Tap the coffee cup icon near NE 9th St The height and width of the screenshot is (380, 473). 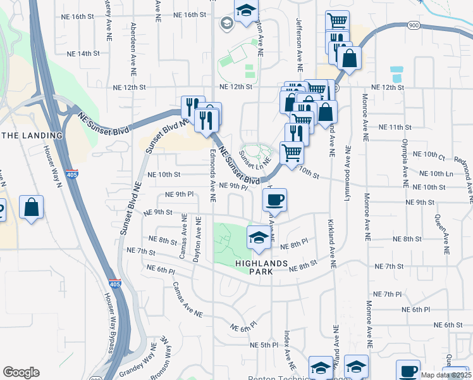274,200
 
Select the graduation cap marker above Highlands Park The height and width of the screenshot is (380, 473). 257,237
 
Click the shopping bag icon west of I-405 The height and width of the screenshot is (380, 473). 31,207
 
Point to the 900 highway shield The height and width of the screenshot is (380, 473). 414,25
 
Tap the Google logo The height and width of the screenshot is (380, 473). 21,372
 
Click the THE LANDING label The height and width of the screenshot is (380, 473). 33,136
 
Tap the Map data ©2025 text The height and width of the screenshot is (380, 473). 445,375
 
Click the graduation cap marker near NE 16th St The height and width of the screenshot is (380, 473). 246,11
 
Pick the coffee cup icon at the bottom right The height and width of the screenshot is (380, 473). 408,370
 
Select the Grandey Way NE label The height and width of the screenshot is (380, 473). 137,363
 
